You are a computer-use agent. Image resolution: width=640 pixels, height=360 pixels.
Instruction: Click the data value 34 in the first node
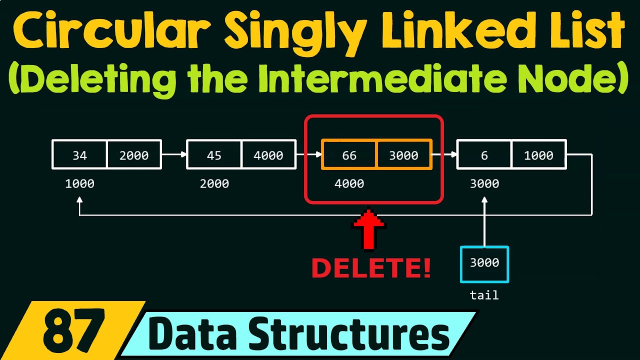pyautogui.click(x=79, y=155)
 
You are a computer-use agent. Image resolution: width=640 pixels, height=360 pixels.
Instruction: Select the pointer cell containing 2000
pyautogui.click(x=134, y=155)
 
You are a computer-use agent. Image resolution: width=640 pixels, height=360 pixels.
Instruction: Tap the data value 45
pyautogui.click(x=214, y=155)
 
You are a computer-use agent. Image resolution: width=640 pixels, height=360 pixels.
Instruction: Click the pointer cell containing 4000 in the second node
pyautogui.click(x=268, y=155)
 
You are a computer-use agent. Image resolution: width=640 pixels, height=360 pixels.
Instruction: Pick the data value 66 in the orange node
pyautogui.click(x=349, y=155)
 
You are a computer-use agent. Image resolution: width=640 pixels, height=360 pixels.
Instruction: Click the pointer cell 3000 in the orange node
pyautogui.click(x=403, y=155)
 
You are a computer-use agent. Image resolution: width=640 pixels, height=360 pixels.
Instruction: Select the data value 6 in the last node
pyautogui.click(x=484, y=155)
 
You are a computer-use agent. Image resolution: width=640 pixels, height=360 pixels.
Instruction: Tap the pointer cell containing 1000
pyautogui.click(x=538, y=155)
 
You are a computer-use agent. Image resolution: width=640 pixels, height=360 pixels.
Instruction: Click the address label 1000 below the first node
pyautogui.click(x=79, y=184)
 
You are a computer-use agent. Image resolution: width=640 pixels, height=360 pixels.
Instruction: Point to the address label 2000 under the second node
pyautogui.click(x=214, y=184)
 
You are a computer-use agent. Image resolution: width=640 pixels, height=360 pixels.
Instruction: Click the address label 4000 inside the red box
pyautogui.click(x=349, y=184)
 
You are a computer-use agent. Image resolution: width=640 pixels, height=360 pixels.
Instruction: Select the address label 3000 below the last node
pyautogui.click(x=484, y=184)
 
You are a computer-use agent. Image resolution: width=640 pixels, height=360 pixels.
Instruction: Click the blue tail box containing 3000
pyautogui.click(x=484, y=263)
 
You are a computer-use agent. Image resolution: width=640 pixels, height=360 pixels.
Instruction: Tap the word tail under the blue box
pyautogui.click(x=484, y=295)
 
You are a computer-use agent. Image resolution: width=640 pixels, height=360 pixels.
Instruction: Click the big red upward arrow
pyautogui.click(x=368, y=230)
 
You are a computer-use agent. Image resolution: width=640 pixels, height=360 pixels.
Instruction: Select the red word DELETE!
pyautogui.click(x=370, y=269)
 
